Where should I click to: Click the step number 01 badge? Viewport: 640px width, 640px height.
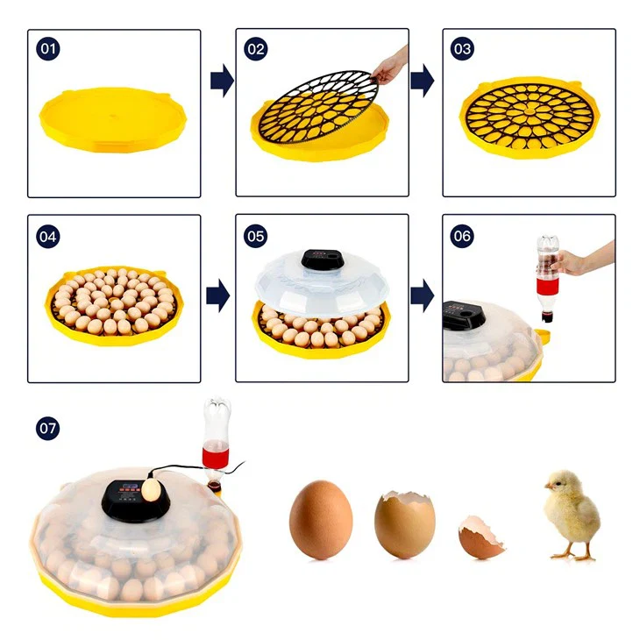click(48, 49)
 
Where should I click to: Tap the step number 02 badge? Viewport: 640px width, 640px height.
click(256, 49)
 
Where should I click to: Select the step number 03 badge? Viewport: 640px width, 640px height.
click(462, 49)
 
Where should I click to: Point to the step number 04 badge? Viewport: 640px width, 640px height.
click(48, 237)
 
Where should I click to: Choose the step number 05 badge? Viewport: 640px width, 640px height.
click(256, 236)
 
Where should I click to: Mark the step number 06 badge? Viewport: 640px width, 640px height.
click(462, 236)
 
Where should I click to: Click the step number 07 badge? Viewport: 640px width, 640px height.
click(48, 428)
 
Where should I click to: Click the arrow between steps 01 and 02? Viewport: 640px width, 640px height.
click(222, 81)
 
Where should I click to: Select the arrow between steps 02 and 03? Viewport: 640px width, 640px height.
click(423, 81)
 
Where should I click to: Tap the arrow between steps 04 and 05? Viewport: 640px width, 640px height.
click(218, 295)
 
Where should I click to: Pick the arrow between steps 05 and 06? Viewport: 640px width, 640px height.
click(423, 295)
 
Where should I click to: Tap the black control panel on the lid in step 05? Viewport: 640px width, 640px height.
click(321, 259)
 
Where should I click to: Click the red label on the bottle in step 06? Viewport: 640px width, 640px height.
click(547, 286)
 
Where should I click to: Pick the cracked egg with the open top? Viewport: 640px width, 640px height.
click(404, 524)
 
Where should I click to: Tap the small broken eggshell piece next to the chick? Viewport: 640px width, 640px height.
click(480, 537)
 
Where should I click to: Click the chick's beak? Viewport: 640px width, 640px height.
click(548, 486)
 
